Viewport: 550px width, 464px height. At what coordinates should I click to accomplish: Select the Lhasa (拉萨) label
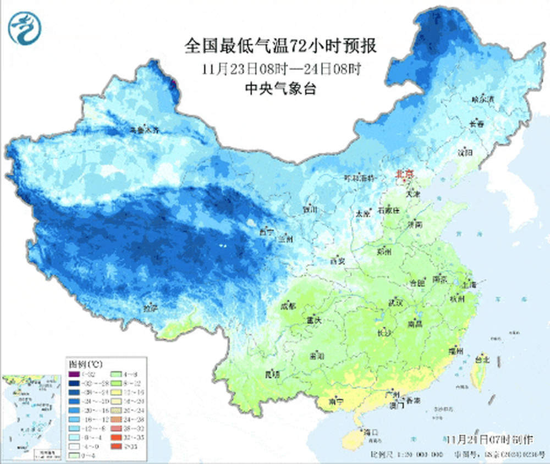pyautogui.click(x=151, y=308)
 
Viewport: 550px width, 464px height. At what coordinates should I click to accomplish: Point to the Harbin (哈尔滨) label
pyautogui.click(x=483, y=100)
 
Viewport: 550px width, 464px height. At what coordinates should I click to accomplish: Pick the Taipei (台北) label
pyautogui.click(x=481, y=361)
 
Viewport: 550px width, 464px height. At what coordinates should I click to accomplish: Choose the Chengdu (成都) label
pyautogui.click(x=288, y=306)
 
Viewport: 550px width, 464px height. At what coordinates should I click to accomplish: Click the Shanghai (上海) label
pyautogui.click(x=469, y=285)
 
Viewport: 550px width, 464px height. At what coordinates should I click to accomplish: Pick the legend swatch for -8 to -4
pyautogui.click(x=72, y=437)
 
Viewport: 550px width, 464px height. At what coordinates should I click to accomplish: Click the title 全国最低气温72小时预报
pyautogui.click(x=280, y=46)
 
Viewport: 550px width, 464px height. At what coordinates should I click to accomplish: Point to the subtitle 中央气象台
pyautogui.click(x=280, y=89)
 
